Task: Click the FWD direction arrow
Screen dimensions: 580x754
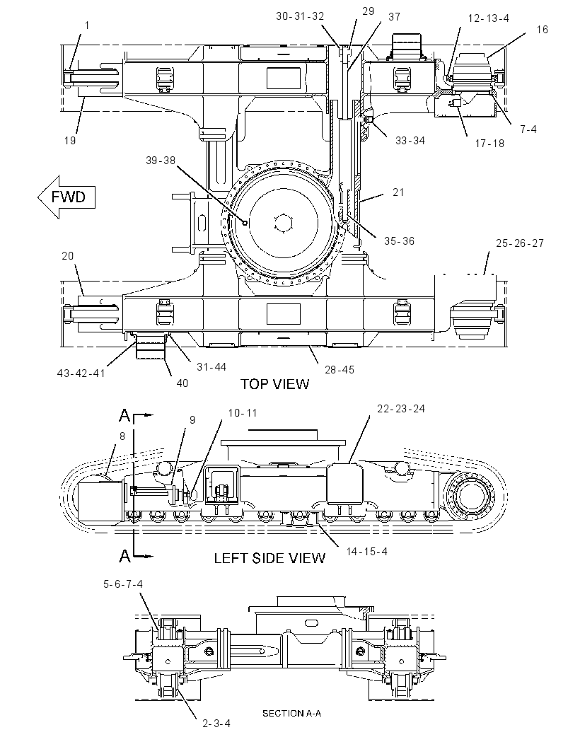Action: (66, 197)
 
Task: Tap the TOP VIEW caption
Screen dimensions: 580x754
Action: (274, 384)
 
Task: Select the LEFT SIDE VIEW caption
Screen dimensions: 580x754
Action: (269, 558)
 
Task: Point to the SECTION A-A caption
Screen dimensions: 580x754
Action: (291, 713)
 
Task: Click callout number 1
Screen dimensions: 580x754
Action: (87, 25)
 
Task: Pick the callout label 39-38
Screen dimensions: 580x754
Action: (161, 161)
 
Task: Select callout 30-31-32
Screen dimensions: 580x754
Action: (300, 16)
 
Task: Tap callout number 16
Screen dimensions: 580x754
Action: (542, 30)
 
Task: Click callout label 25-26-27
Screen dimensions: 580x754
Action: (520, 243)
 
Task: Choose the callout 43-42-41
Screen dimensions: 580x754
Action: (81, 373)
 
